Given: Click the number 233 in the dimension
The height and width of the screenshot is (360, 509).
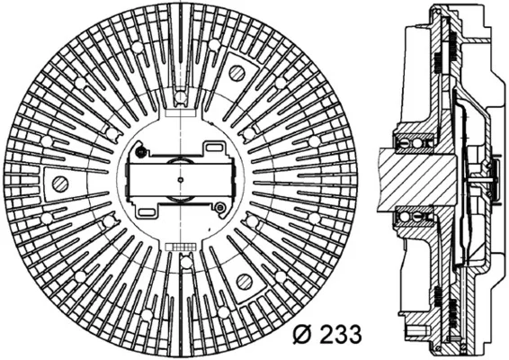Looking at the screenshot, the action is [x=340, y=333].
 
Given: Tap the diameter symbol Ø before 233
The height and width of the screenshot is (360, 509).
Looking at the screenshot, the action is [x=303, y=333].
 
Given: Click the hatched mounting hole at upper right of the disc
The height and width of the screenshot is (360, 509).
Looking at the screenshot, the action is [x=237, y=73].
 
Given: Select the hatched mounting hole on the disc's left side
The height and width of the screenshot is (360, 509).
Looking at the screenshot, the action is [x=60, y=184].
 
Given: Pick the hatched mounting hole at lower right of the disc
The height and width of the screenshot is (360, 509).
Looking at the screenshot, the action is [x=244, y=281].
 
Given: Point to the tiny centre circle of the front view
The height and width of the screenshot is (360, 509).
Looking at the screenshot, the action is [x=181, y=179].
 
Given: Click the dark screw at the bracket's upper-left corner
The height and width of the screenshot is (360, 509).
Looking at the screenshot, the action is [x=140, y=151].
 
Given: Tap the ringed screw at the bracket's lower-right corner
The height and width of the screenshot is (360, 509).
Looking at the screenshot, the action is [x=220, y=207].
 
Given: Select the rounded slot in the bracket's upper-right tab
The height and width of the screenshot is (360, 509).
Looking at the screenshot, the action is [x=214, y=148].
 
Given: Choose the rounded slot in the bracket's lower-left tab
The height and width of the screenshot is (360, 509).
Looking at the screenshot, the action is [x=147, y=212].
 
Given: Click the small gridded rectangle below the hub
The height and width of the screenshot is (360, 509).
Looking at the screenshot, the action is [x=181, y=247].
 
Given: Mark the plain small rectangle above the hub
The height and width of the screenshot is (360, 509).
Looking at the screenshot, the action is [x=181, y=112].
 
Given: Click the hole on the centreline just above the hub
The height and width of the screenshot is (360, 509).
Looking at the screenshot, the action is [x=180, y=96].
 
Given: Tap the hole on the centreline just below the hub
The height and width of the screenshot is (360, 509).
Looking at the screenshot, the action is [x=186, y=263].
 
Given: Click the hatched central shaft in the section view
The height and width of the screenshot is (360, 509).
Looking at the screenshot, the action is [x=419, y=180].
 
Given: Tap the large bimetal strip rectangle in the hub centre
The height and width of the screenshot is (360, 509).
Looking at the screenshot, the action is [x=181, y=180].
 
